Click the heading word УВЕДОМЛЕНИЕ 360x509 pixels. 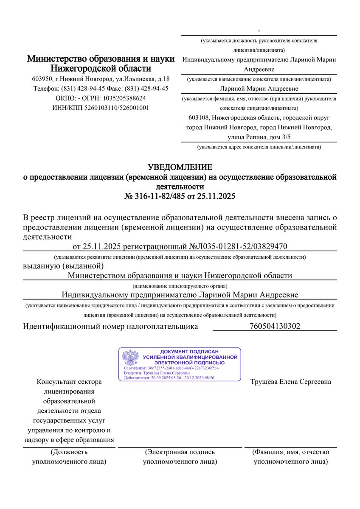click(x=180, y=167)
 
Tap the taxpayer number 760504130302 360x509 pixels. click(x=275, y=326)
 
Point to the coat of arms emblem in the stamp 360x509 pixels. click(x=131, y=358)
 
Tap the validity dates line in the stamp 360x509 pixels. click(x=169, y=378)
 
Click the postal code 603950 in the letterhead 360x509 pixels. click(x=42, y=79)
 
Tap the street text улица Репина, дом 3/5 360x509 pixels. click(x=259, y=137)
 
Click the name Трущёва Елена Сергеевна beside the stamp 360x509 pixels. click(x=291, y=382)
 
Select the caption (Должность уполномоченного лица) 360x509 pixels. click(x=69, y=456)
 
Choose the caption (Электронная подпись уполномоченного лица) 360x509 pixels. click(x=180, y=456)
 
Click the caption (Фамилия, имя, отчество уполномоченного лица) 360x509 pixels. click(x=291, y=456)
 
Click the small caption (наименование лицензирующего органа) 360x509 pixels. click(x=180, y=286)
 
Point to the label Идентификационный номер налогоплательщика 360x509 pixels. click(x=110, y=326)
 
